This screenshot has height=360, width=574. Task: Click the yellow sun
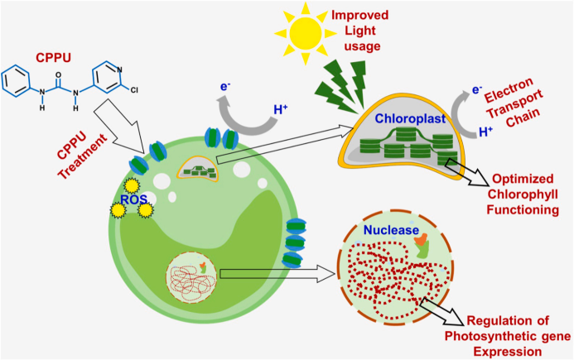point(306,34)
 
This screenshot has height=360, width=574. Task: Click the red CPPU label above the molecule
point(53,57)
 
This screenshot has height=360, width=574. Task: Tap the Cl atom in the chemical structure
point(134,89)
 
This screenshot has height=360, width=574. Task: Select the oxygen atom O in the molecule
point(58,75)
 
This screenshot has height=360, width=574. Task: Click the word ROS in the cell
point(133,199)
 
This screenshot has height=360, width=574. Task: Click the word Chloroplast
point(410,118)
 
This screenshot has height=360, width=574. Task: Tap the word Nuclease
point(391,230)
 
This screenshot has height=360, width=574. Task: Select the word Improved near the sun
point(359,16)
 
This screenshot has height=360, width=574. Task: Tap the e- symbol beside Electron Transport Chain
point(476,89)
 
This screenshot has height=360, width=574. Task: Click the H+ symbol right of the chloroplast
point(485,132)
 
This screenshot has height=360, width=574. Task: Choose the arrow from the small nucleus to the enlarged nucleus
point(277,274)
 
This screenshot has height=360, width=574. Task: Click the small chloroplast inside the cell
point(198,169)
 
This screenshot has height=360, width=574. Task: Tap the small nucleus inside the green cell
point(191,277)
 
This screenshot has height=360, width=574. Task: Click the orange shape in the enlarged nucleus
point(421,240)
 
